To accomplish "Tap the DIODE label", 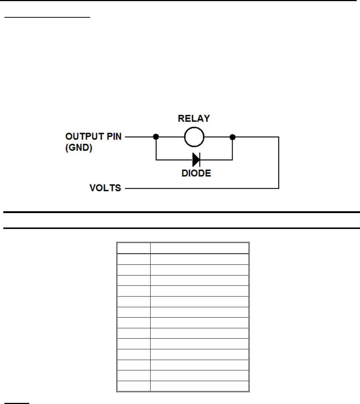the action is coord(197,173).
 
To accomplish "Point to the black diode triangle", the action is coord(195,160).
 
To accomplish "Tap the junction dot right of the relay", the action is coord(232,137).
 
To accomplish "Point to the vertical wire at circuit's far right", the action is coord(279,162).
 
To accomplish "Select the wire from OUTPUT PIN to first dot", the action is coord(140,137).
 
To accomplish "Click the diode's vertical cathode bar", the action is coord(200,160).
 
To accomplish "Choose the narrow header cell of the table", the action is coord(134,248).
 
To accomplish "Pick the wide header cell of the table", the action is coord(199,248).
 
